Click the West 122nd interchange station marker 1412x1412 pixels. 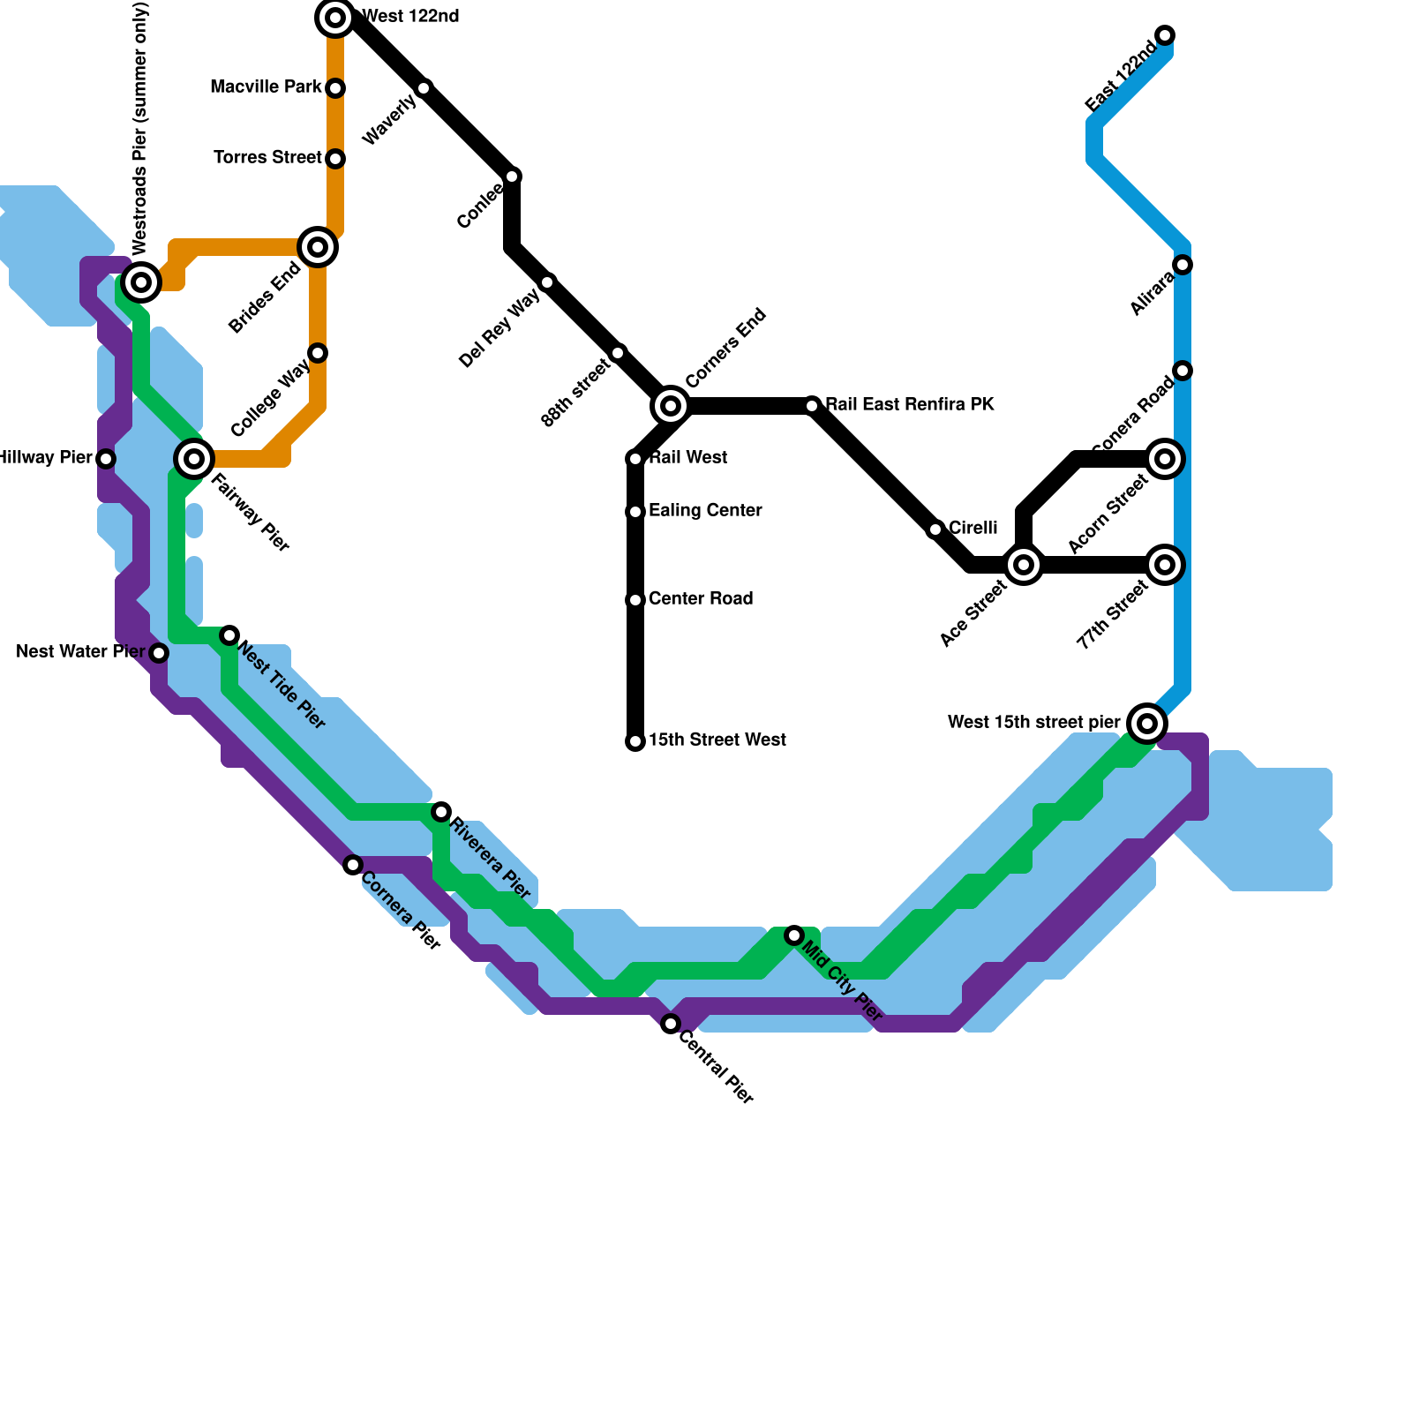[x=335, y=18]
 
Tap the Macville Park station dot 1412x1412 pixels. [x=335, y=88]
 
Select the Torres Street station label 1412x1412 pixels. [x=267, y=158]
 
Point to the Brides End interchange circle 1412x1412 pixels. [x=318, y=247]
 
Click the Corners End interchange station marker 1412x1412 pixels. [x=671, y=406]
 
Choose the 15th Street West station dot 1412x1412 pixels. [x=635, y=741]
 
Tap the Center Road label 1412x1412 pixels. [x=701, y=599]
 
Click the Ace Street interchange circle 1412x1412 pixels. [x=1024, y=565]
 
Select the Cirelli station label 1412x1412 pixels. [x=973, y=529]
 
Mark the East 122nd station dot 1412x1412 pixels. [x=1165, y=35]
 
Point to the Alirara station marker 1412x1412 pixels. [x=1183, y=265]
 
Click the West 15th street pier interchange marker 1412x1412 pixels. [x=1147, y=724]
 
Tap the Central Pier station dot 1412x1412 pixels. [x=671, y=1024]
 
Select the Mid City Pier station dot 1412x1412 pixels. [x=794, y=935]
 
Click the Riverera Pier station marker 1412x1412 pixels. [x=441, y=812]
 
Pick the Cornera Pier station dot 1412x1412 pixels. [x=353, y=865]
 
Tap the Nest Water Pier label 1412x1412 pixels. [x=80, y=652]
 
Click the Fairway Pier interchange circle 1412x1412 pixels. [x=194, y=459]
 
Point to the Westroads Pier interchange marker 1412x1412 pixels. [x=141, y=282]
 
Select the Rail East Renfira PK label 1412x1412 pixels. [x=910, y=405]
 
